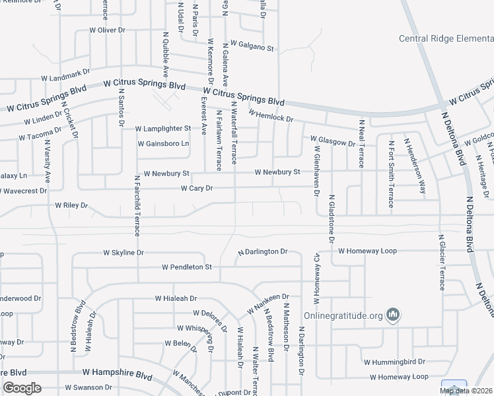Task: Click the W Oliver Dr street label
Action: point(107,30)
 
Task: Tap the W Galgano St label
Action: point(252,48)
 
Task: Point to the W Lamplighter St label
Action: point(163,129)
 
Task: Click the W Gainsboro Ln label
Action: point(163,143)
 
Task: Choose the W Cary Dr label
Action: point(197,189)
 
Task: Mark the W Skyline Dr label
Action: point(123,253)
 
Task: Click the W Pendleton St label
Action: point(186,267)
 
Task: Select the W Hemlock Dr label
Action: point(271,115)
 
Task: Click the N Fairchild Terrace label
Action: point(137,205)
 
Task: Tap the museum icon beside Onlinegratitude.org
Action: point(394,315)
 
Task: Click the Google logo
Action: point(22,388)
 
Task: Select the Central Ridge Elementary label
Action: point(446,39)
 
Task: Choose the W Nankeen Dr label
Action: point(269,304)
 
